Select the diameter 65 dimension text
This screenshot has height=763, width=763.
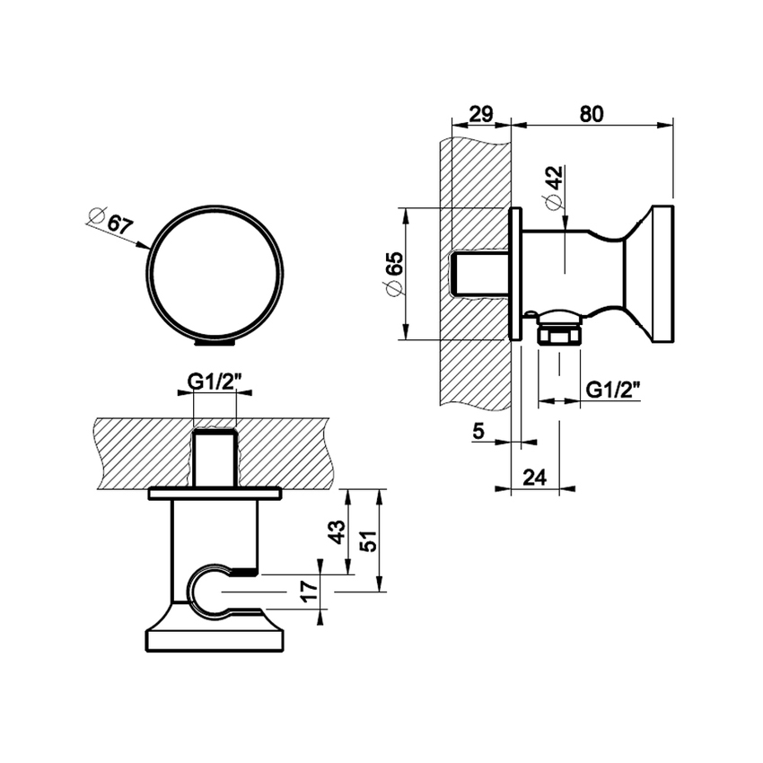(392, 273)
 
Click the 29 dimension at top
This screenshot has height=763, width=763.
(481, 114)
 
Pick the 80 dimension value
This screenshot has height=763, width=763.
(591, 114)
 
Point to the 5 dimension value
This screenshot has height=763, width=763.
(478, 433)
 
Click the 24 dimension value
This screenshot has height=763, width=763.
(535, 478)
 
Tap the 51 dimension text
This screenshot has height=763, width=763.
(366, 541)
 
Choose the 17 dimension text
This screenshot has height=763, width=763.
(308, 591)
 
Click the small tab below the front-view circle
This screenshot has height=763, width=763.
(215, 341)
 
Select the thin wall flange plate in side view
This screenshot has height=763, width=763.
(515, 274)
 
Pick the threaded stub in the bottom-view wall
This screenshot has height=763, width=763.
(215, 458)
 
